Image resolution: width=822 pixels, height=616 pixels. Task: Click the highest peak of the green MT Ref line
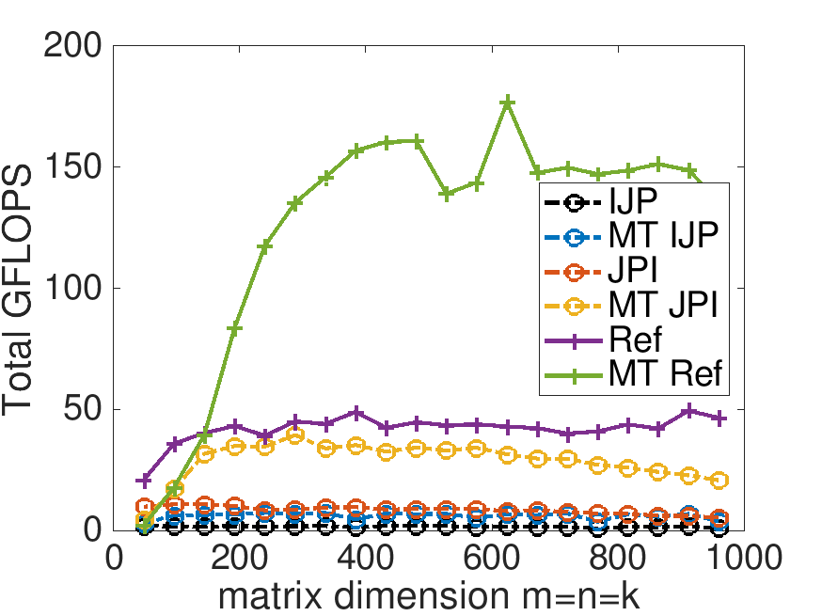508,102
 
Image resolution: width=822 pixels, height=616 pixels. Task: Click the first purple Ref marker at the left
144,481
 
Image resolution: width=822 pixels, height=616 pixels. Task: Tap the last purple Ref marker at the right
720,418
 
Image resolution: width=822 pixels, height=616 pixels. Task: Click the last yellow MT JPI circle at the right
720,481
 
